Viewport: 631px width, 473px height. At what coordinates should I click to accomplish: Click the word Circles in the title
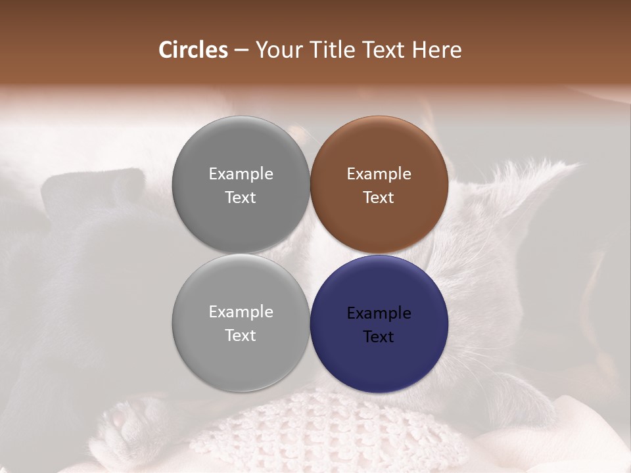[193, 50]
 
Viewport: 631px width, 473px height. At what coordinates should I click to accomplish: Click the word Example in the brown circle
[379, 173]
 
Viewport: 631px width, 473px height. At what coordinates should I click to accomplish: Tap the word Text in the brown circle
[379, 197]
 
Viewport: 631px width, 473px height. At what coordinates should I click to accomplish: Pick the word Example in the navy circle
[379, 313]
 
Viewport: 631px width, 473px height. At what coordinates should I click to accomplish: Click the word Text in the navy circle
[379, 336]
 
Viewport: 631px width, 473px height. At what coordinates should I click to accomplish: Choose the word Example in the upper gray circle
[241, 173]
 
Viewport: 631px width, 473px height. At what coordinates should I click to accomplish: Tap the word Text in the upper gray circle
[241, 197]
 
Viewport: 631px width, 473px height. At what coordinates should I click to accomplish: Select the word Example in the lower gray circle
[241, 311]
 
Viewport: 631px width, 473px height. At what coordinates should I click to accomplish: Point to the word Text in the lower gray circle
[241, 335]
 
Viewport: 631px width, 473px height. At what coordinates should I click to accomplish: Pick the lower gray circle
[241, 361]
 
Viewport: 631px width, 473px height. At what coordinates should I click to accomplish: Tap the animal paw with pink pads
[125, 420]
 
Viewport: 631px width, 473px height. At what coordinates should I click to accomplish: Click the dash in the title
[241, 51]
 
